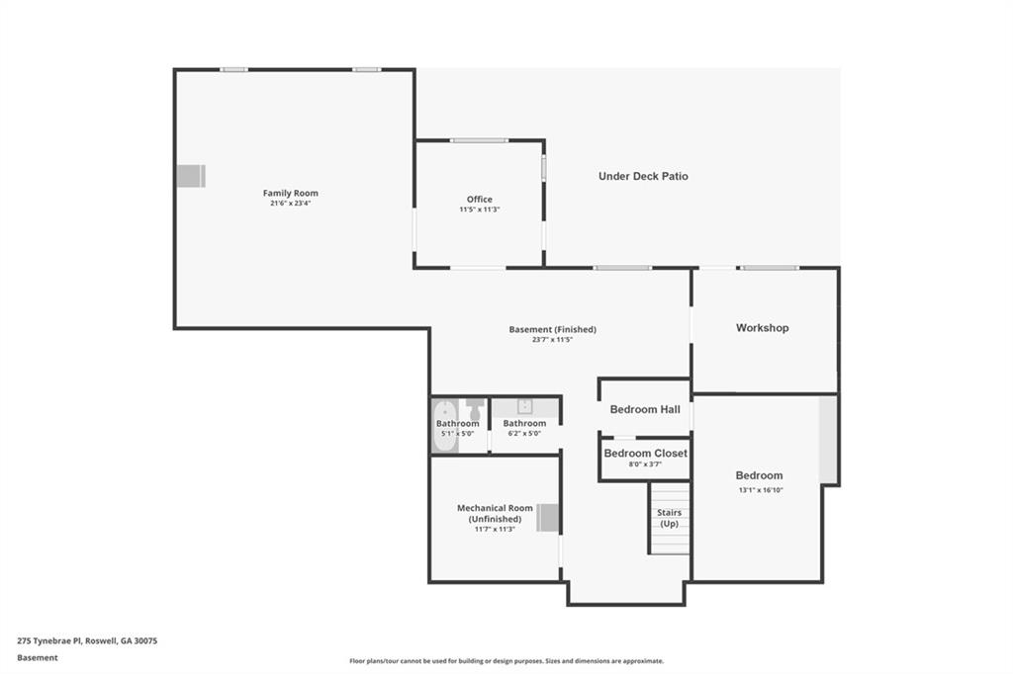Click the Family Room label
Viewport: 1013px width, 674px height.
pyautogui.click(x=290, y=193)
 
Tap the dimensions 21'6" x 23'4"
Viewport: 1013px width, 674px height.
pyautogui.click(x=290, y=204)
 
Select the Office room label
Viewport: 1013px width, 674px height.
pyautogui.click(x=480, y=199)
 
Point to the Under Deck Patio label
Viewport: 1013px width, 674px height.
pyautogui.click(x=643, y=176)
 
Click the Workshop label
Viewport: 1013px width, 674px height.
pyautogui.click(x=762, y=327)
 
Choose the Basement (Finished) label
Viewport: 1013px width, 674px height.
pyautogui.click(x=552, y=329)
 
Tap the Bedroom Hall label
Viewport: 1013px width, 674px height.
pyautogui.click(x=645, y=409)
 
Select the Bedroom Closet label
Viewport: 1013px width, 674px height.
pyautogui.click(x=645, y=454)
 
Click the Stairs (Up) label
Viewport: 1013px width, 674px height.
pyautogui.click(x=670, y=518)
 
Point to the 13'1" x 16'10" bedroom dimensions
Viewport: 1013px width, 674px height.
pyautogui.click(x=759, y=489)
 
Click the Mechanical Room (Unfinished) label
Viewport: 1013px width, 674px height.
pyautogui.click(x=495, y=513)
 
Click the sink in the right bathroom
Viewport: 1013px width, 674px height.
pyautogui.click(x=524, y=405)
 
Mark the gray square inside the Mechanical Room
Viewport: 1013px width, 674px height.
pyautogui.click(x=548, y=518)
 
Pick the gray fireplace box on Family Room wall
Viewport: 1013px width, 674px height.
pyautogui.click(x=190, y=176)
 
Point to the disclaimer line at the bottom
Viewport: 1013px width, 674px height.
pyautogui.click(x=506, y=661)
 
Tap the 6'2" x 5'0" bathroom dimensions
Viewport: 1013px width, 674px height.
pyautogui.click(x=524, y=433)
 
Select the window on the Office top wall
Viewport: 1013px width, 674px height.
pyautogui.click(x=479, y=140)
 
